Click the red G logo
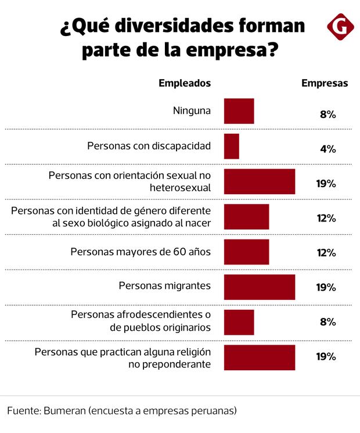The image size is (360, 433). (341, 26)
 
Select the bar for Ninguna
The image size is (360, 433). (239, 111)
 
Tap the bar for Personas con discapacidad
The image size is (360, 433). (231, 146)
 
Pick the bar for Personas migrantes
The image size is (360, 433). (259, 287)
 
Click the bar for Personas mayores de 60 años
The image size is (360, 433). (246, 252)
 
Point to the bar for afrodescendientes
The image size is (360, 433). (239, 322)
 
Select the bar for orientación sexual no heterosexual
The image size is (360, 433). (259, 181)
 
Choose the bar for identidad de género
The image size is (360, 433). (246, 217)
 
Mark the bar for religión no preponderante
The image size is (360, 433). (259, 357)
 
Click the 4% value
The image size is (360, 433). (328, 149)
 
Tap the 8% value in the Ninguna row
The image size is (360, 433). (328, 114)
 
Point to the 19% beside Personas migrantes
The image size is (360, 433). (326, 288)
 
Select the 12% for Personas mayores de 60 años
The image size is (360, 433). (326, 253)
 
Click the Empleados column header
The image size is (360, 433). (185, 83)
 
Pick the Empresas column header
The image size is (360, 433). (325, 83)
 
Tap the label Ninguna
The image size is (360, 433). (192, 111)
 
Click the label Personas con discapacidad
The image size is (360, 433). (149, 146)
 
